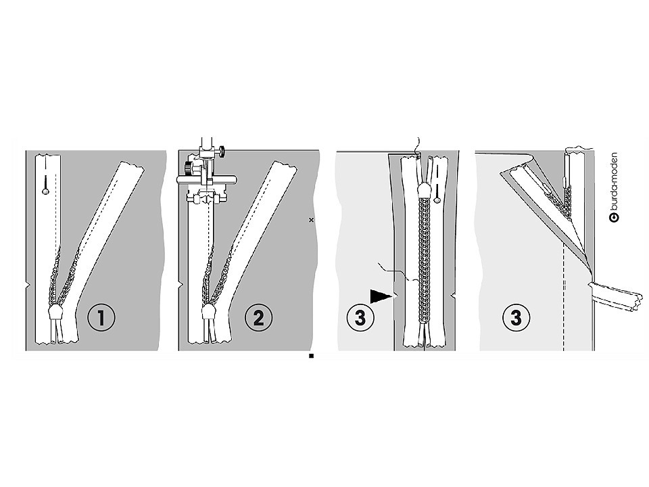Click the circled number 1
(101, 318)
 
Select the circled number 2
(258, 318)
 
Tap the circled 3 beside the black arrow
(360, 318)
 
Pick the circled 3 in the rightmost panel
(516, 318)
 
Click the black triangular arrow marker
(381, 296)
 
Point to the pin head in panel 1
(45, 191)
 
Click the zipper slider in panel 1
(55, 312)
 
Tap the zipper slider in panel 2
(208, 312)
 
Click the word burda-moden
(615, 182)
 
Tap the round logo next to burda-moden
(615, 218)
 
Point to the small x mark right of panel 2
(312, 221)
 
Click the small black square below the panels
(311, 356)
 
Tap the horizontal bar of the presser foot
(206, 179)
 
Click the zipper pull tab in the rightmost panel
(567, 170)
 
